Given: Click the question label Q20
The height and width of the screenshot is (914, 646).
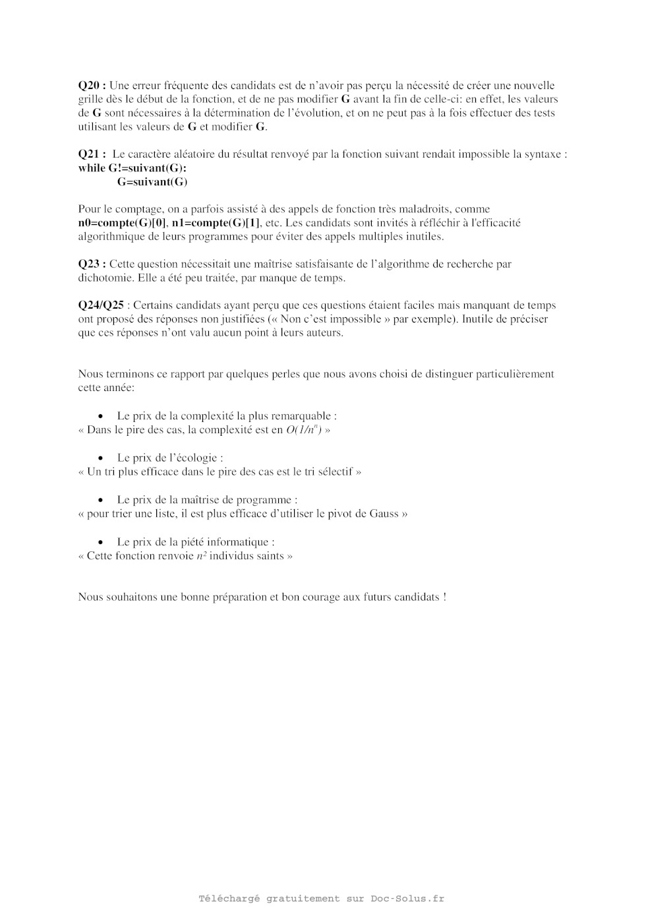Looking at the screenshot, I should (x=92, y=85).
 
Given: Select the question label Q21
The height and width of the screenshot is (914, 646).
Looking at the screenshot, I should (x=92, y=154).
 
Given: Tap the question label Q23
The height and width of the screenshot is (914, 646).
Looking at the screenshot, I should (x=92, y=264).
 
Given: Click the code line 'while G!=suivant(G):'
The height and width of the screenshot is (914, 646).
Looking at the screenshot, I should (x=132, y=168).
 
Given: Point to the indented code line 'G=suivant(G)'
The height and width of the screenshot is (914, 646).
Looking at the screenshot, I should (x=152, y=181).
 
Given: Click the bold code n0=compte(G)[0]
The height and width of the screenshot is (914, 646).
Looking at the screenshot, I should (x=123, y=223).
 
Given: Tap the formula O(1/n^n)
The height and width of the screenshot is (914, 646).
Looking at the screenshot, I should (x=303, y=429).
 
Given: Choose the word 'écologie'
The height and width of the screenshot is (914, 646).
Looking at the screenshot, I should (x=198, y=457).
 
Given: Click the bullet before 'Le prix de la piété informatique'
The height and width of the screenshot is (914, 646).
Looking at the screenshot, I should (x=101, y=542).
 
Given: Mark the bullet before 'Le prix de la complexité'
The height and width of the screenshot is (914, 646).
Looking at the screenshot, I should (x=101, y=416).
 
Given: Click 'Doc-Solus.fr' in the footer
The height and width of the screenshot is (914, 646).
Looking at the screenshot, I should (x=407, y=898).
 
